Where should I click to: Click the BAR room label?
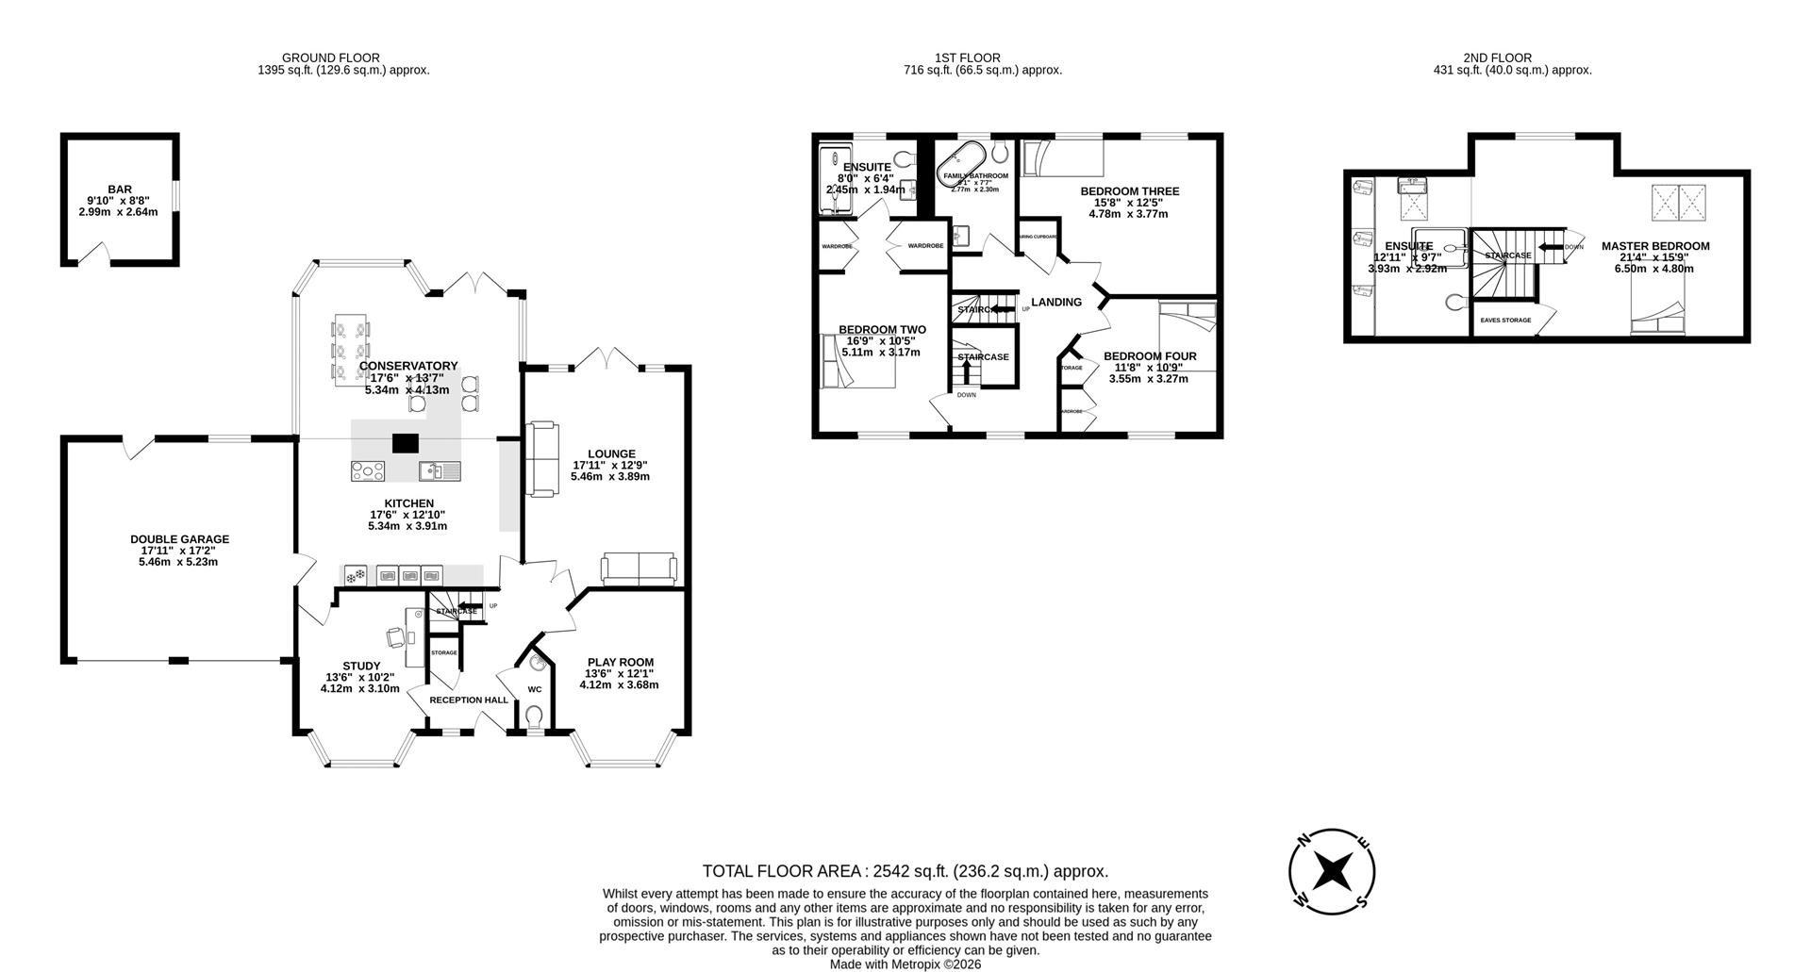[x=119, y=189]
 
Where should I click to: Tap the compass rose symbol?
[x=1332, y=871]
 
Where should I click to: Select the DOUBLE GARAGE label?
[x=179, y=539]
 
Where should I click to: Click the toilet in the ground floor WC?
[x=534, y=718]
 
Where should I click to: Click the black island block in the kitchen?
[x=406, y=443]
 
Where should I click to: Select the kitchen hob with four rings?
[x=367, y=470]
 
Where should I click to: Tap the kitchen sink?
[x=440, y=470]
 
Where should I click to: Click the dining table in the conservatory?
[x=351, y=350]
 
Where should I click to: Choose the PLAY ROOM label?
[x=620, y=662]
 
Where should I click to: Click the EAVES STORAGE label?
[x=1504, y=321]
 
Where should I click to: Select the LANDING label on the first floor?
[x=1055, y=303]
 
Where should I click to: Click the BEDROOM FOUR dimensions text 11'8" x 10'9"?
[x=1148, y=368]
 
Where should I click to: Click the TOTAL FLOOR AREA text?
[x=905, y=871]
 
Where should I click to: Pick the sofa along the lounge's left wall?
[x=541, y=459]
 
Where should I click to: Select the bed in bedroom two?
[x=856, y=362]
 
